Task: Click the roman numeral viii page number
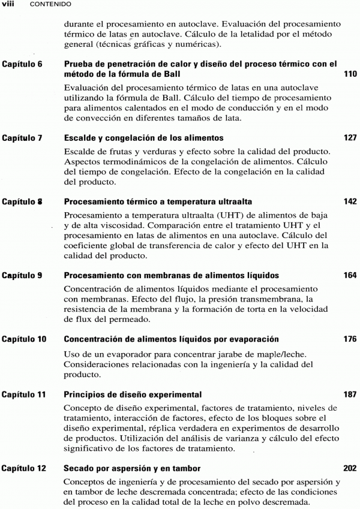tap(8, 4)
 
